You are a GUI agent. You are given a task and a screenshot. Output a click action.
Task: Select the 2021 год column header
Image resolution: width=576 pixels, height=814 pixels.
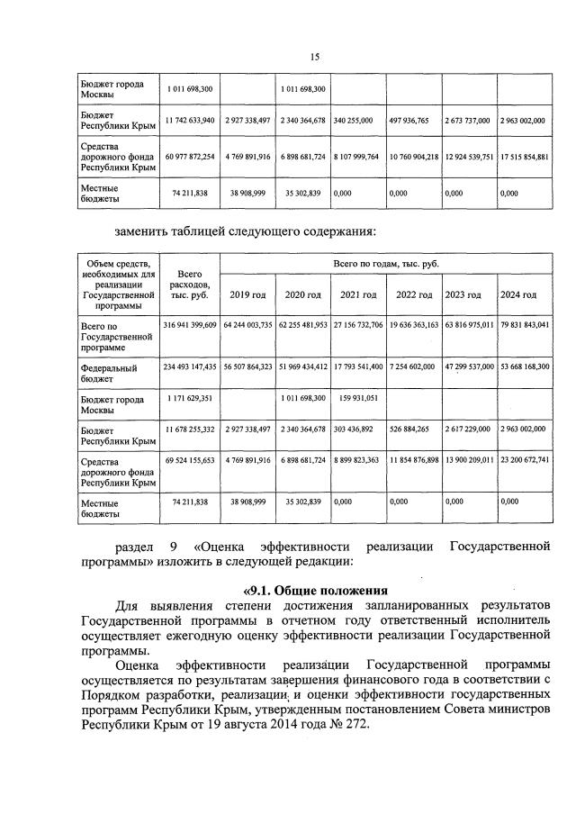(358, 295)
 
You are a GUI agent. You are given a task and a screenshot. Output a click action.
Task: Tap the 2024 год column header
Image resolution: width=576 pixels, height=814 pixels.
(519, 295)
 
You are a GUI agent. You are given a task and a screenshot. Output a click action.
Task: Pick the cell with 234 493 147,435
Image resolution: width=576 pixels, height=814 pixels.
(190, 367)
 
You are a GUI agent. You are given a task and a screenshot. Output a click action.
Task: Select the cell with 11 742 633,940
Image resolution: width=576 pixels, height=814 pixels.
(190, 119)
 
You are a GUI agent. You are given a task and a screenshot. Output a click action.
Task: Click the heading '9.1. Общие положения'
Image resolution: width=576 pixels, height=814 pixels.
(313, 592)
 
